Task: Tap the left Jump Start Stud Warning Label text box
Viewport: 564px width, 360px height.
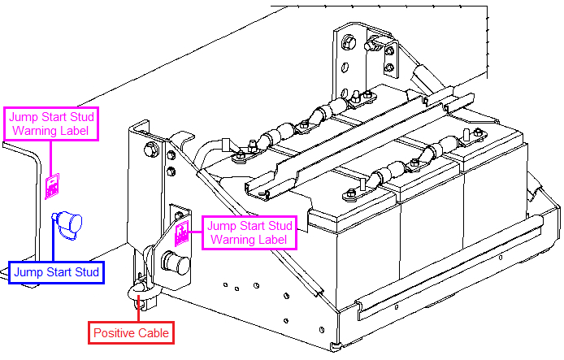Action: (x=52, y=123)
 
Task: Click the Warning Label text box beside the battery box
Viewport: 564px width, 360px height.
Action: (x=249, y=232)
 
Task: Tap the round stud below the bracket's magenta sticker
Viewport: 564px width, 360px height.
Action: (x=176, y=265)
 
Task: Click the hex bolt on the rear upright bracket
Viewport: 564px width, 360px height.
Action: (x=348, y=41)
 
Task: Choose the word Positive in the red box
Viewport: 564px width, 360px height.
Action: (x=115, y=332)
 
